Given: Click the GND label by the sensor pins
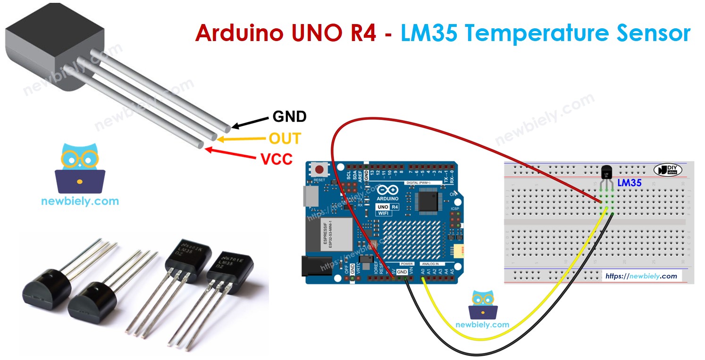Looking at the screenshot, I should tap(289, 117).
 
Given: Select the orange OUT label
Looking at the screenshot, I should tap(285, 138).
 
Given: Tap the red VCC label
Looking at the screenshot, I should tap(277, 159).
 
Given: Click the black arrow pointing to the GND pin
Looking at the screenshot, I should tap(251, 122).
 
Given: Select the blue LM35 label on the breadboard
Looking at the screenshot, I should tap(629, 183).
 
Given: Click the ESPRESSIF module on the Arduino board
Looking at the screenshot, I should tap(336, 234).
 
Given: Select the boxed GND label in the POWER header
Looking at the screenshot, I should tap(402, 272).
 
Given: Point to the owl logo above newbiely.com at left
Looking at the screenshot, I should tap(80, 169).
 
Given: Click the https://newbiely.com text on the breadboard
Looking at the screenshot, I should tap(641, 276).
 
